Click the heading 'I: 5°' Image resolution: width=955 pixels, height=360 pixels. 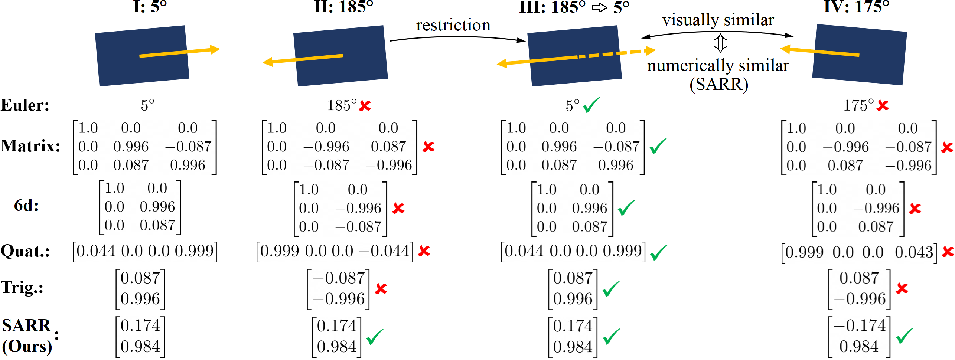tap(150, 7)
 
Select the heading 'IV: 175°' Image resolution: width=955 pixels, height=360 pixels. tap(856, 7)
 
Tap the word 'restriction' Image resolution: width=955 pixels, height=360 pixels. tap(453, 25)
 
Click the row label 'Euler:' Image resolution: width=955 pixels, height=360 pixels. tap(25, 105)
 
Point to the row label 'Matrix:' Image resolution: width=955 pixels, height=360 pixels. tap(30, 146)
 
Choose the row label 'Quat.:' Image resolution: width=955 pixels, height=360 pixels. tap(25, 251)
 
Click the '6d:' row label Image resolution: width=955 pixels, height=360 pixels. tap(26, 205)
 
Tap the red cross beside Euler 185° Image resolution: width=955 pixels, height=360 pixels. tap(365, 106)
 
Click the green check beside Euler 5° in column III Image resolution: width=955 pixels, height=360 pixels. tap(591, 105)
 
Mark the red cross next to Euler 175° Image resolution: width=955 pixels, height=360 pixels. tap(883, 106)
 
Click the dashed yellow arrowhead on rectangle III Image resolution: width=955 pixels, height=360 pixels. tap(650, 50)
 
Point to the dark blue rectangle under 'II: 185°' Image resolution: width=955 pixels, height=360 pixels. tap(340, 56)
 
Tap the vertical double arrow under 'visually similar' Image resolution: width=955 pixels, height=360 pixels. tap(720, 43)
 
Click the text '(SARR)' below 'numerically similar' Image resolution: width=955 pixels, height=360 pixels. tap(718, 84)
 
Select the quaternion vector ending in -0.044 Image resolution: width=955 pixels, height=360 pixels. tap(335, 252)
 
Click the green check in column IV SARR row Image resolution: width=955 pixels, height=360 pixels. tap(905, 336)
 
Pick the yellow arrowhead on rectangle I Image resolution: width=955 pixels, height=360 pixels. tap(215, 49)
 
